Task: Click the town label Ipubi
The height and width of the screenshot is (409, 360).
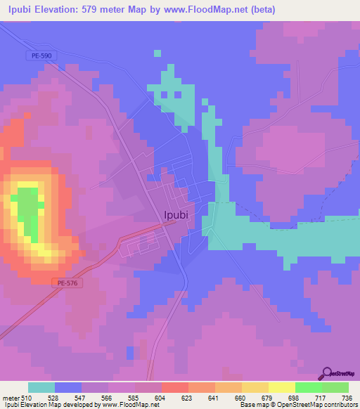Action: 175,215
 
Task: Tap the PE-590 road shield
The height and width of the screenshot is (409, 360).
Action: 41,56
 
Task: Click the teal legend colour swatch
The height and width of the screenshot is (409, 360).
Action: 41,387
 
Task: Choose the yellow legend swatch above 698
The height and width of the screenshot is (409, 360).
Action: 281,387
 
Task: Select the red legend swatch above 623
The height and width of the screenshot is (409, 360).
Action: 174,387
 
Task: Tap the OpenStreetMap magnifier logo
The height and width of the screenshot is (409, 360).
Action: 326,374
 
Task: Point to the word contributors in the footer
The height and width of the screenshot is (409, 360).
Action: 340,405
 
